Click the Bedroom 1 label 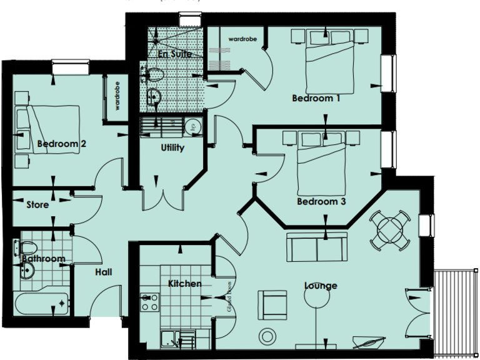click(316, 98)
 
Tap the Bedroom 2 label click(61, 144)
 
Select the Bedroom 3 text click(321, 202)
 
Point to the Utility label click(172, 148)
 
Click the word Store click(37, 204)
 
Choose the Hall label click(104, 272)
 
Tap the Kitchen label click(185, 284)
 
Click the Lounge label click(321, 286)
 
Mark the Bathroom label click(44, 258)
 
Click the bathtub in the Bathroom click(41, 304)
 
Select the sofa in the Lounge click(317, 247)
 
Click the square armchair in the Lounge click(273, 304)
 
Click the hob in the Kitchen click(149, 302)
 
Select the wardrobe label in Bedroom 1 click(240, 39)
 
